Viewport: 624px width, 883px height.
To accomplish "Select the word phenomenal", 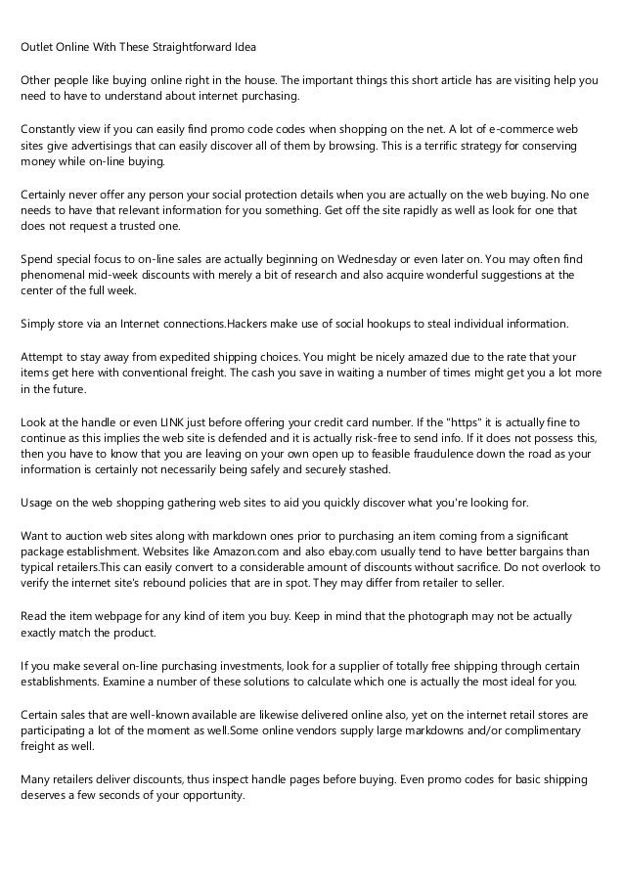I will tap(55, 275).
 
